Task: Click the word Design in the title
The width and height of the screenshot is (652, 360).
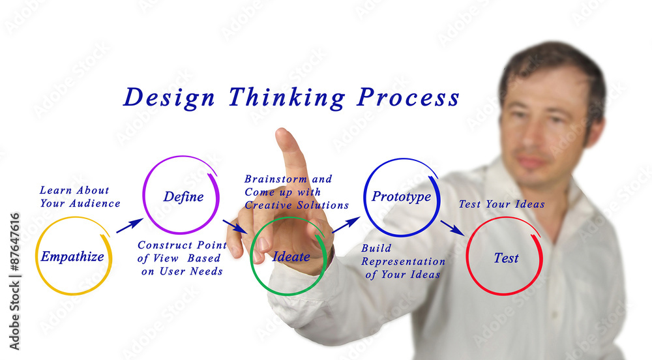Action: tap(169, 98)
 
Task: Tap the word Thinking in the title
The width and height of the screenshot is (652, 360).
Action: tap(286, 98)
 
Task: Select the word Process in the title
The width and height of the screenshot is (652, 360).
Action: tap(408, 98)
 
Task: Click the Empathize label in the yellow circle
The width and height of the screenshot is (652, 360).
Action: tap(72, 257)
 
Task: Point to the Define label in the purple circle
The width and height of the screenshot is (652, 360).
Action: tap(183, 197)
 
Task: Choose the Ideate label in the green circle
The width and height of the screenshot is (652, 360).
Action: tap(291, 257)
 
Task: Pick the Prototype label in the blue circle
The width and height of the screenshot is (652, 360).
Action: tap(401, 197)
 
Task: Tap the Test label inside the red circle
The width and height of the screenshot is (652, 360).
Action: tap(506, 258)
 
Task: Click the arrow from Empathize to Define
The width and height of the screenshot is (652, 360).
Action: tap(129, 226)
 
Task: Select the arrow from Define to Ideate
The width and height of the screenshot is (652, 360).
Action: tap(235, 226)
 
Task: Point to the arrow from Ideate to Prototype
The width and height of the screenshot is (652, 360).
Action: tap(346, 225)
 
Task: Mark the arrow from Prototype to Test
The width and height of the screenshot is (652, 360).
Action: tap(452, 228)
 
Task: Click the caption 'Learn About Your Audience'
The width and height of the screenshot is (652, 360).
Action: tap(80, 197)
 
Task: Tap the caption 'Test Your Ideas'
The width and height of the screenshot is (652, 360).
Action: tap(501, 204)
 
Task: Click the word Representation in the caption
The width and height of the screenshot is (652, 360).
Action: tap(404, 262)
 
